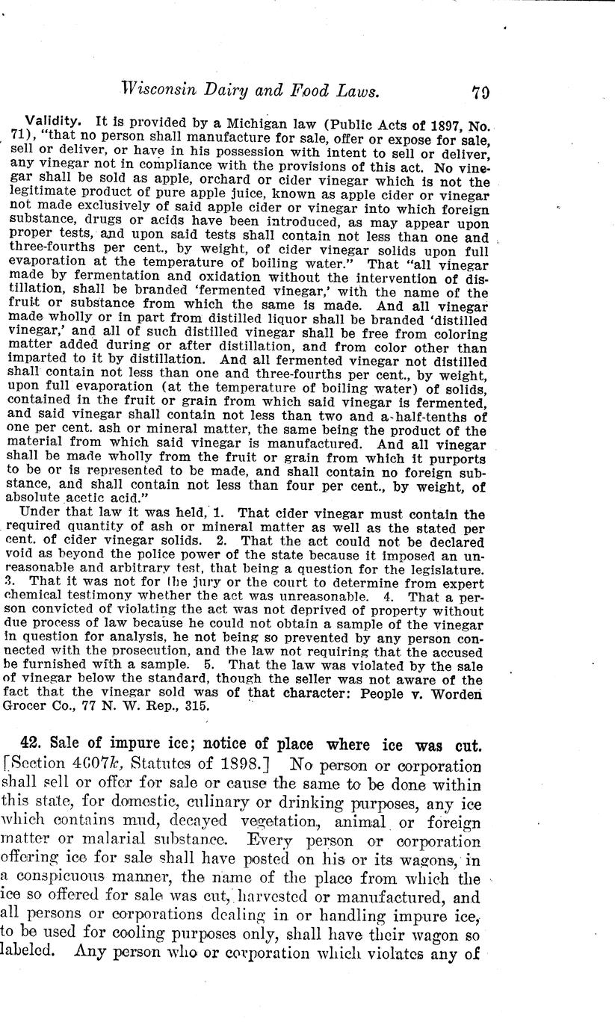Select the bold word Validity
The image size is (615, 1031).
tap(49, 121)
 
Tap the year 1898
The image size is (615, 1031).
tap(235, 766)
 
